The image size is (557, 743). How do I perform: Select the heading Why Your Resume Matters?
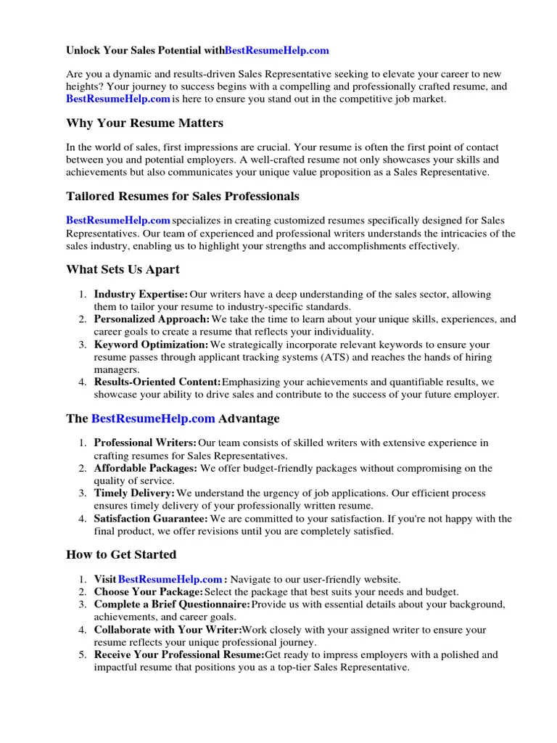click(144, 123)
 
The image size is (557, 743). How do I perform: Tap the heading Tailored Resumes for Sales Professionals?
click(182, 196)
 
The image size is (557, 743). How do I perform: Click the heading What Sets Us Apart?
click(123, 269)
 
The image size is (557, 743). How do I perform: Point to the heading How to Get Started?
click(121, 554)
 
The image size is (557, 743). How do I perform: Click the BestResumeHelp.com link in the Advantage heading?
click(153, 419)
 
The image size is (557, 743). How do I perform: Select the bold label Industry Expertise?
click(141, 295)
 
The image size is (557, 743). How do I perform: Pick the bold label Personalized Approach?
click(152, 319)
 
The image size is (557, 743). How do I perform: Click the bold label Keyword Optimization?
click(151, 345)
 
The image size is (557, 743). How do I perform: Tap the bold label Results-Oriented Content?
click(157, 382)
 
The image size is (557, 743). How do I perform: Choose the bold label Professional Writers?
click(145, 443)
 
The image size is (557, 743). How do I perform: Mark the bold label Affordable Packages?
click(145, 468)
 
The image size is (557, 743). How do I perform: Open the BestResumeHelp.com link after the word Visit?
click(170, 579)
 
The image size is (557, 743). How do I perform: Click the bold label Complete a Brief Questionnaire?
click(172, 604)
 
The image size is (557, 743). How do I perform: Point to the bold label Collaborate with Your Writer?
click(168, 630)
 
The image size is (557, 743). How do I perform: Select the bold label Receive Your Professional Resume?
click(179, 654)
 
